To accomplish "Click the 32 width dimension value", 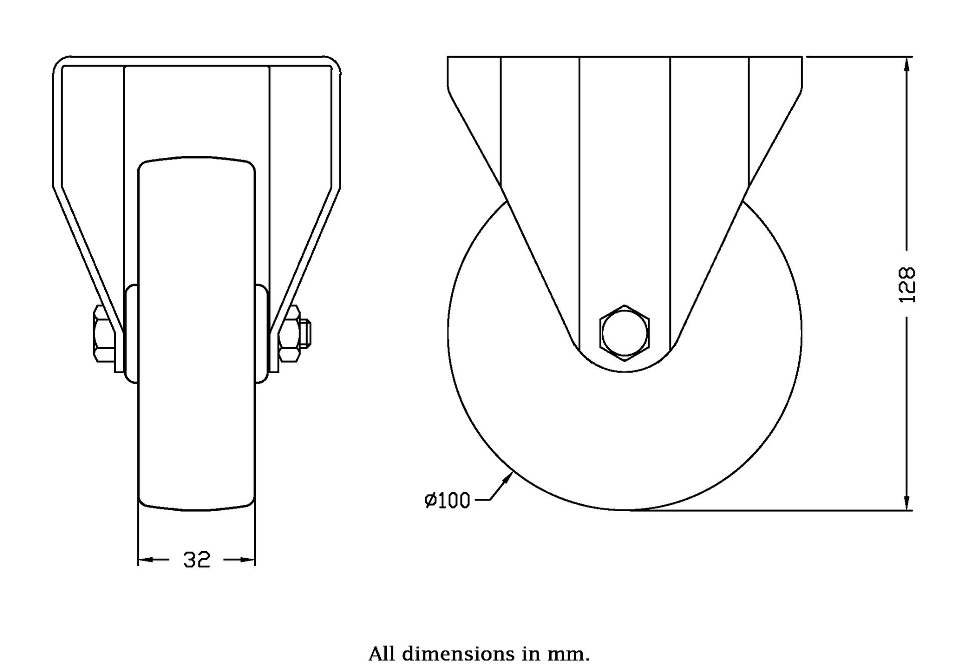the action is click(196, 560).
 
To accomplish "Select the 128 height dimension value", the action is click(907, 285).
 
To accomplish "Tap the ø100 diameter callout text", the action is click(447, 500).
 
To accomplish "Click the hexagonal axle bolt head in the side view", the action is click(624, 333).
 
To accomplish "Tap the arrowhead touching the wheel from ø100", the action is click(507, 478).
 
